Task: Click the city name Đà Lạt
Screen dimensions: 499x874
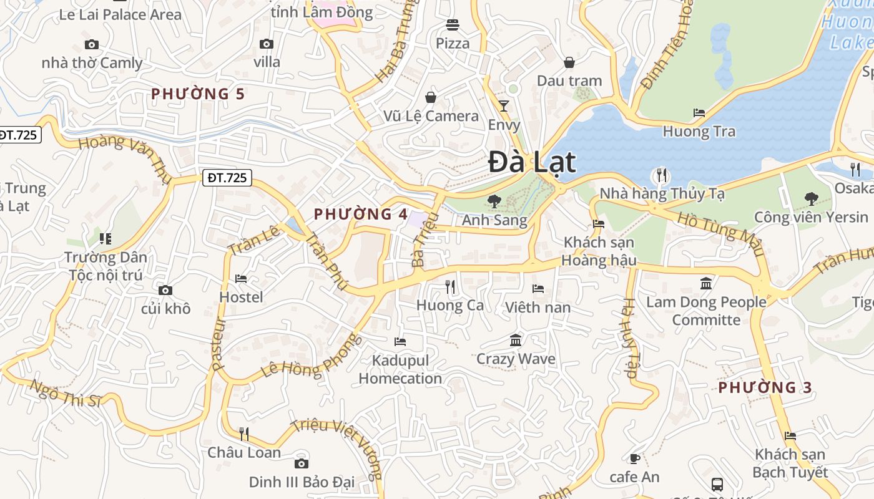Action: pos(532,162)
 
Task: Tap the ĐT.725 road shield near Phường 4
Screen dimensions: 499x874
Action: pos(227,178)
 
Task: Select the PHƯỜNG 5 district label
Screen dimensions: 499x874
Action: pos(198,94)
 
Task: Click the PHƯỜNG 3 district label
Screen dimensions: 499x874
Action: pos(765,387)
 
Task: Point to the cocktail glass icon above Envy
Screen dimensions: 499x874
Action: pos(504,105)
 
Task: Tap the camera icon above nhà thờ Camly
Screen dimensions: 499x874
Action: pos(92,44)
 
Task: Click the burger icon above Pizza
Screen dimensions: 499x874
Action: pos(453,25)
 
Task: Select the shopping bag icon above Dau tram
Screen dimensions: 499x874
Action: pos(569,62)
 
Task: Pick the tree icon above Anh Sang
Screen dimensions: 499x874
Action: pos(494,201)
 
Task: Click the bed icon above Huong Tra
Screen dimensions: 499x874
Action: pos(699,113)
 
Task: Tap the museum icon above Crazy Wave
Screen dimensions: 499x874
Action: pos(516,341)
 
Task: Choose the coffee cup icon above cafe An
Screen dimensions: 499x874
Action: pos(634,459)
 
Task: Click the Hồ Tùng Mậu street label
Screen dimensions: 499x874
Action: pos(721,233)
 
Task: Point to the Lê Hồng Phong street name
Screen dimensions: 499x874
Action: pos(312,356)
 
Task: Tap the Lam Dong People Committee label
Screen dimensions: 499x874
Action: pos(706,311)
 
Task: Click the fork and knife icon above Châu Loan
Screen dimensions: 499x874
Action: pos(244,434)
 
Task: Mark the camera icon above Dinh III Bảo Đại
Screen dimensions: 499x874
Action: pos(302,463)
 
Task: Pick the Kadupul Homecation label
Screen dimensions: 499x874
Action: pos(400,369)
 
